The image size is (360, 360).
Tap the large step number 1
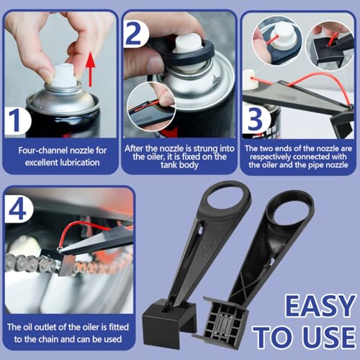16,120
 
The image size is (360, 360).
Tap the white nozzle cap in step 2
188,44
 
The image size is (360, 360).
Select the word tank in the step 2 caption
168,165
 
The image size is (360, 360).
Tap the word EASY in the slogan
320,306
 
